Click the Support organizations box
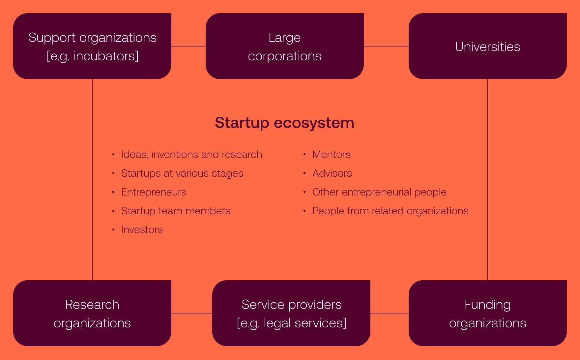(x=92, y=46)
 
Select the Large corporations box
(x=285, y=46)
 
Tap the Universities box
(x=488, y=46)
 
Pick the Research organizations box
(x=92, y=313)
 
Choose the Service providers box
(x=291, y=313)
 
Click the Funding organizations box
(x=488, y=313)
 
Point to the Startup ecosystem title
(x=284, y=123)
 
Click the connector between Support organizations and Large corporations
(x=188, y=46)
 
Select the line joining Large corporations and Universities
(x=386, y=46)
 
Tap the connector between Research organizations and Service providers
(x=192, y=314)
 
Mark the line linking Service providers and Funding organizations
(x=390, y=314)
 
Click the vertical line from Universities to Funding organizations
(x=488, y=180)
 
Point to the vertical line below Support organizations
(x=92, y=180)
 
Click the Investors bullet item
(x=142, y=229)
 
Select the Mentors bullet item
(x=331, y=154)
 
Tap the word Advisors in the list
(x=332, y=173)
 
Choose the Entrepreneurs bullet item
(x=154, y=192)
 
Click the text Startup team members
(x=176, y=211)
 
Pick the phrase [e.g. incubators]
(x=93, y=56)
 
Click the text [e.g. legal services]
(x=292, y=323)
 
